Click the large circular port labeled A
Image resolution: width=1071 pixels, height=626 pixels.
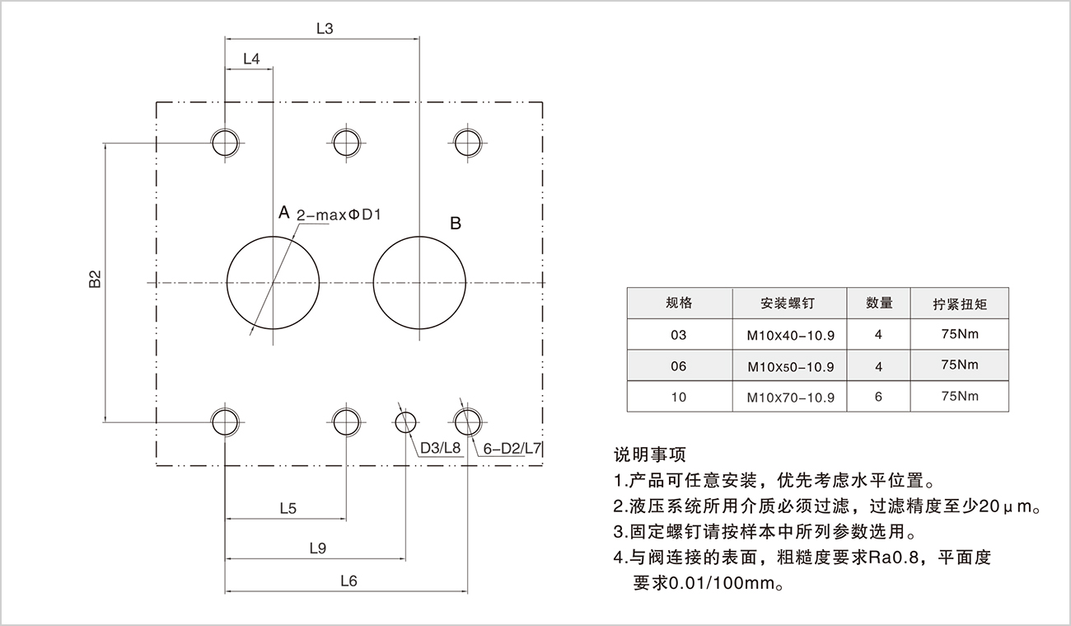(x=273, y=282)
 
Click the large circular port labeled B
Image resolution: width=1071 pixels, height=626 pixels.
(x=419, y=282)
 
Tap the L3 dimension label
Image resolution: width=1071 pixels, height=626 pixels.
(x=324, y=29)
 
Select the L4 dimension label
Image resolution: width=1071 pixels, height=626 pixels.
(x=251, y=59)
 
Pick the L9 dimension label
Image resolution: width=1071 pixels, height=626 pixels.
(x=318, y=548)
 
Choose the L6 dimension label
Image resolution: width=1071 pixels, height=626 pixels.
(x=348, y=581)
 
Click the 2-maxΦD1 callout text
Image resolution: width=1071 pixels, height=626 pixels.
(x=340, y=215)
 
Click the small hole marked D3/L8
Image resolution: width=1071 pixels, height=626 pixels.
(x=405, y=422)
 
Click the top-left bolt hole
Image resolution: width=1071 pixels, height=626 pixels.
(x=224, y=142)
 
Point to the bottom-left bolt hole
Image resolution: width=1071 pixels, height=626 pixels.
(x=224, y=421)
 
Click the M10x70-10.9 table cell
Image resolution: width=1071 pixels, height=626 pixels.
(x=791, y=397)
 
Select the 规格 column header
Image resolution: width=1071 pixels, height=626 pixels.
(x=679, y=303)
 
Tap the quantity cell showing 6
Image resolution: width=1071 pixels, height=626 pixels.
(x=878, y=397)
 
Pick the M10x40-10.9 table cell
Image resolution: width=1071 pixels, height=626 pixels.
(x=791, y=335)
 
